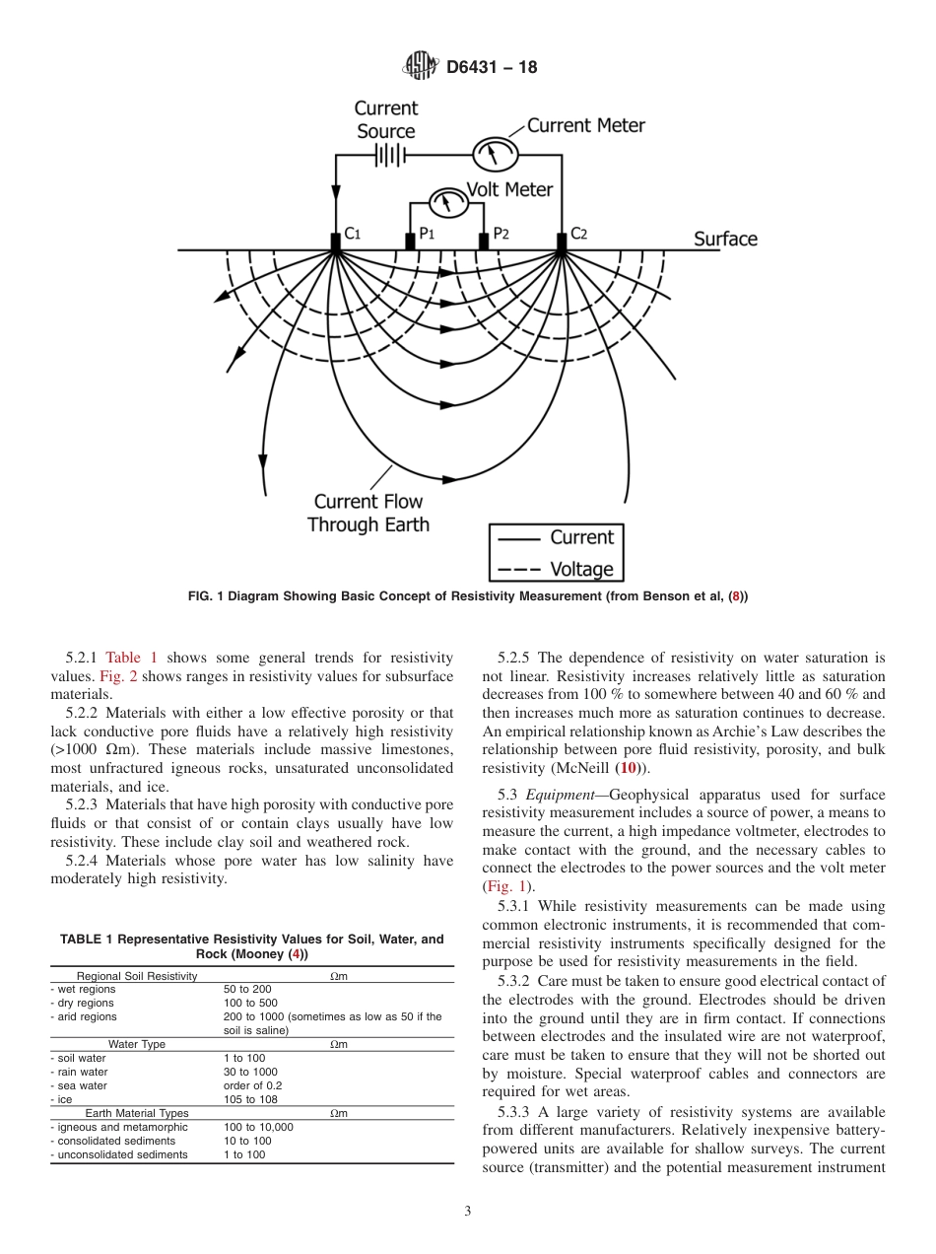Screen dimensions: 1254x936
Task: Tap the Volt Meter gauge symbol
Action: click(448, 202)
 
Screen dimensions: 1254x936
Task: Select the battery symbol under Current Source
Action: click(390, 155)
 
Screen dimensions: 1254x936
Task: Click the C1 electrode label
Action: click(352, 234)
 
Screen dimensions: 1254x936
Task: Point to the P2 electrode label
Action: click(501, 234)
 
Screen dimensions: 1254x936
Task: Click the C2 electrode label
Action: click(578, 234)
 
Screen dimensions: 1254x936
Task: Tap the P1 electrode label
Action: click(426, 234)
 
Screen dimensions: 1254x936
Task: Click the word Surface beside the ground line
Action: click(725, 239)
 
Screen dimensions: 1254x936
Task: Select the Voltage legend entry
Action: click(580, 569)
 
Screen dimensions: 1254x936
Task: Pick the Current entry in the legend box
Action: click(581, 537)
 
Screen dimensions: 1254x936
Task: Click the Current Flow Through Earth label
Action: click(368, 513)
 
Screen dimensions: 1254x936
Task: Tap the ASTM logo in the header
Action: click(421, 67)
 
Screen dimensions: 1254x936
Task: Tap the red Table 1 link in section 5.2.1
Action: click(131, 658)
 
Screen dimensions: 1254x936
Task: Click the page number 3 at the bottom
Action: click(468, 1212)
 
